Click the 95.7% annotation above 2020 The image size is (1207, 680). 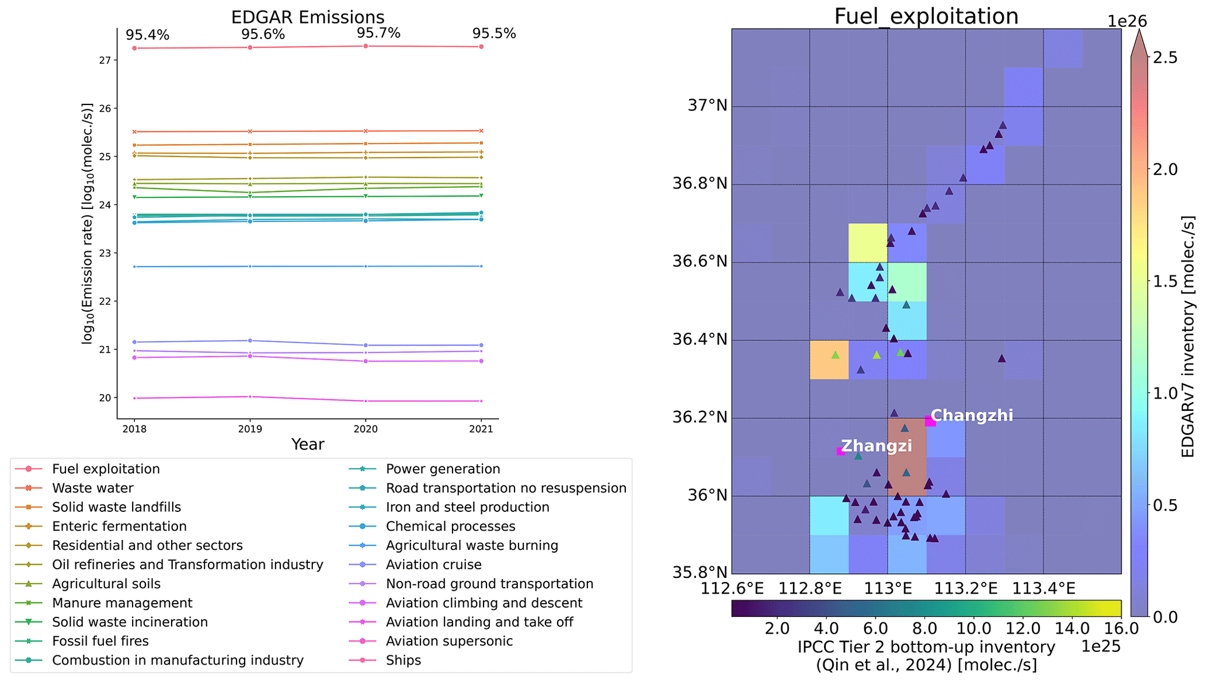(x=378, y=33)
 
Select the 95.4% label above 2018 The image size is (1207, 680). (x=147, y=35)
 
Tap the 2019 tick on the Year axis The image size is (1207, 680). (x=250, y=429)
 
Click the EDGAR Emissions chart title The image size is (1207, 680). (x=308, y=17)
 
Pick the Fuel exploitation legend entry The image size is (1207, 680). (x=106, y=469)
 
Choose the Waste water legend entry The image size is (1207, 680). (x=92, y=489)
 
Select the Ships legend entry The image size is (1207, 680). (x=403, y=660)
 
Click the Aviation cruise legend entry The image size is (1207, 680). (x=433, y=564)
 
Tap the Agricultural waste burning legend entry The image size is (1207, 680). (x=472, y=545)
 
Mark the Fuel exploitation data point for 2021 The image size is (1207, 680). (x=481, y=47)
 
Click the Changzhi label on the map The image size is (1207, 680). (x=972, y=416)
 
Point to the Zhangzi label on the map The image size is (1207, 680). (x=876, y=446)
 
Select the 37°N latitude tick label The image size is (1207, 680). (x=708, y=106)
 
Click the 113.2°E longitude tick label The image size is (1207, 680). (x=966, y=588)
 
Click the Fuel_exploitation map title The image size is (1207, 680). (x=926, y=16)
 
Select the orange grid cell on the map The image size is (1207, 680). (x=829, y=360)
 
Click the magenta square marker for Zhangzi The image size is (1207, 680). (x=841, y=451)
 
